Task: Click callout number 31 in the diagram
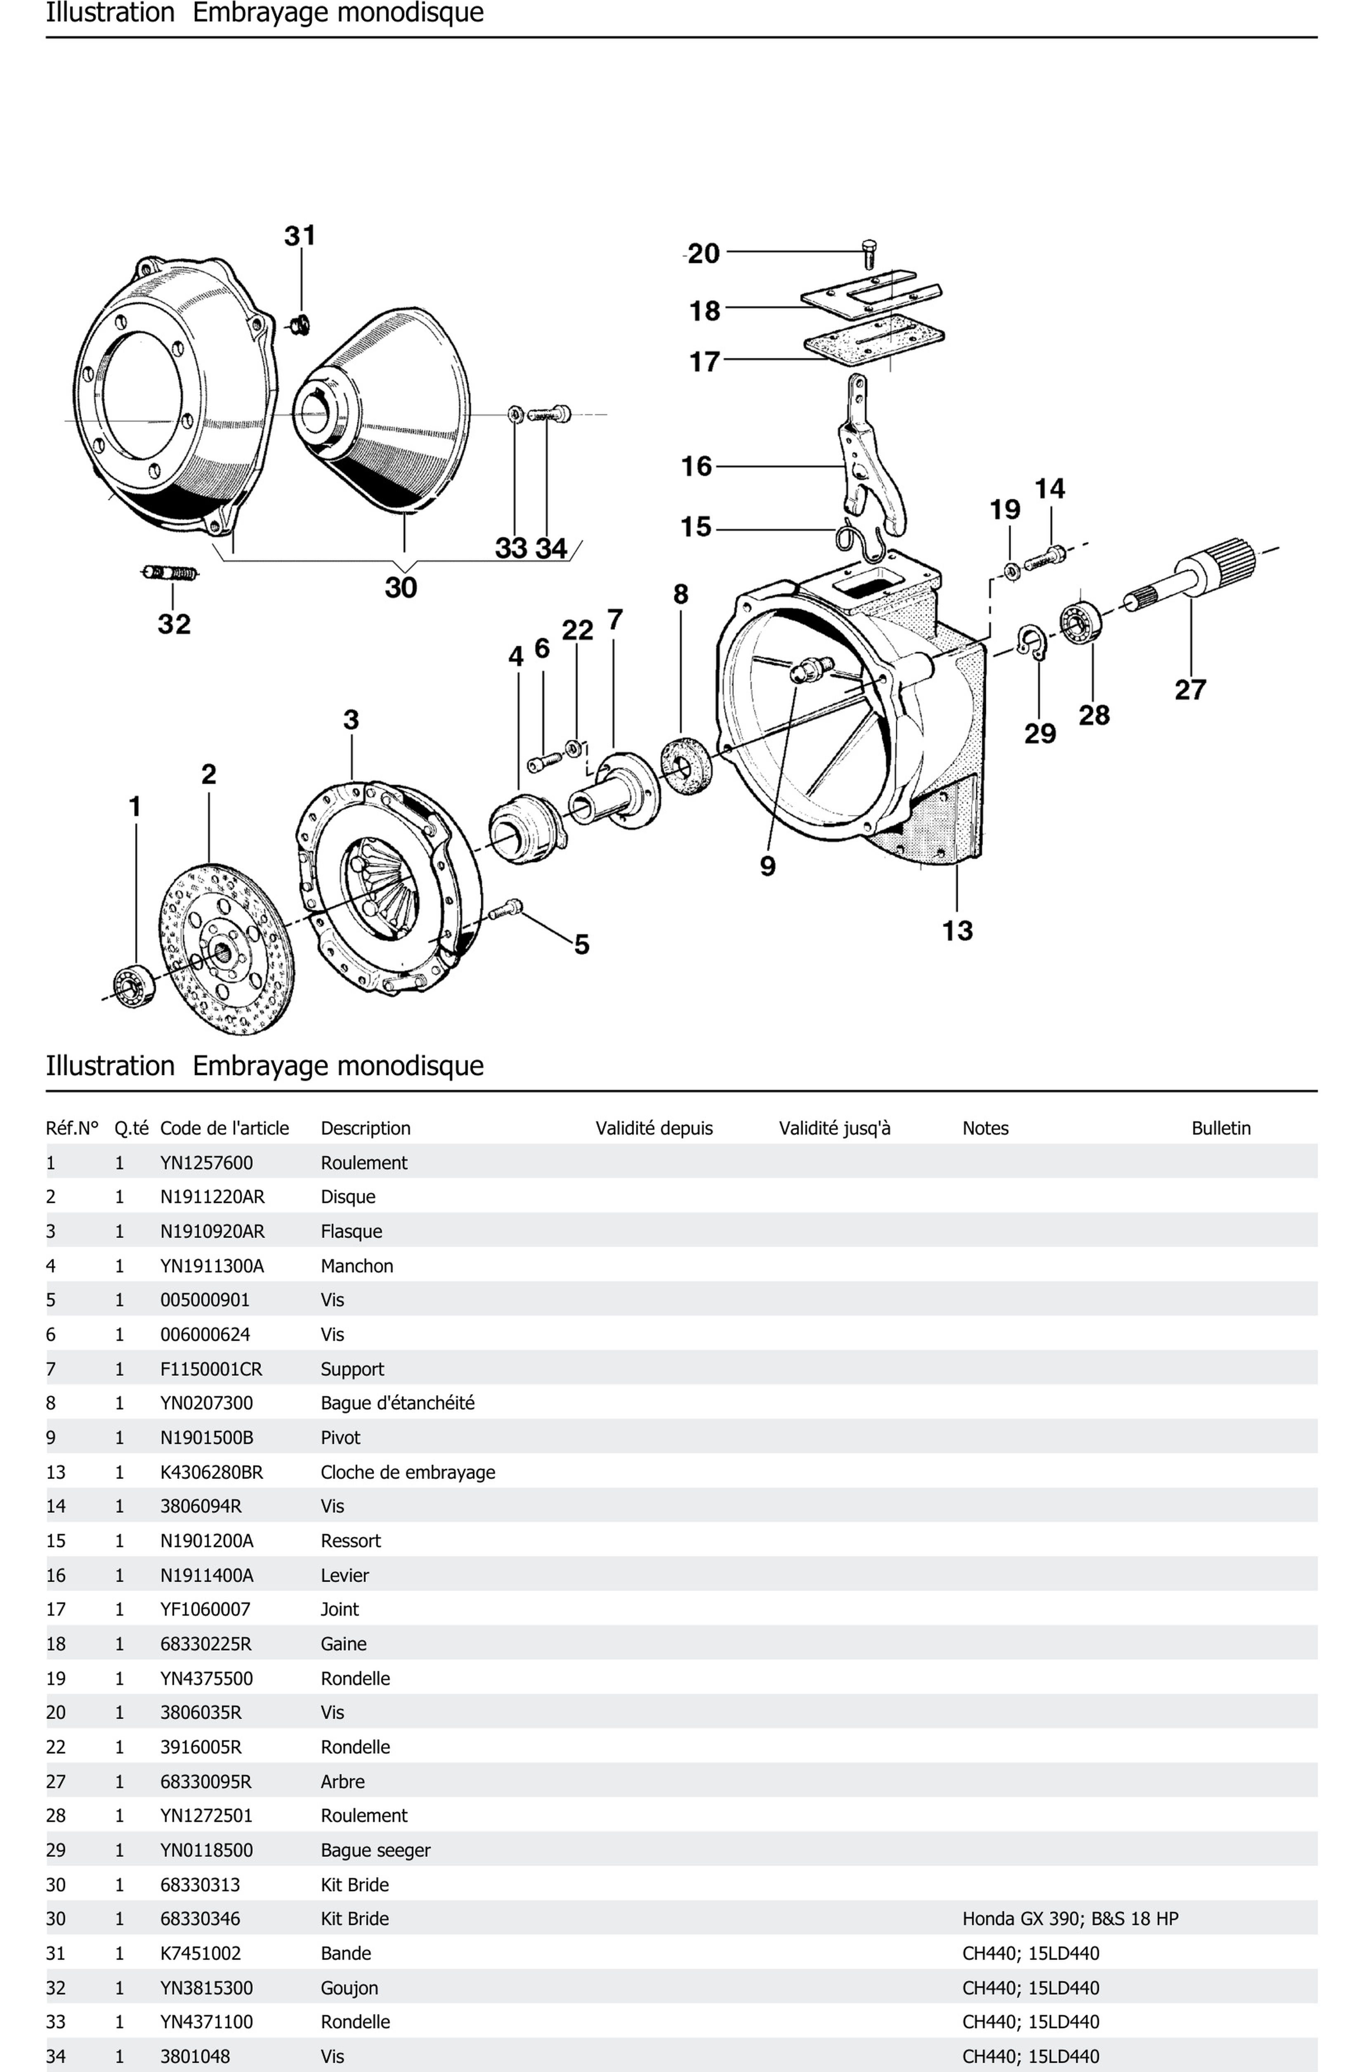point(300,236)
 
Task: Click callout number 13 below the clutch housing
point(957,931)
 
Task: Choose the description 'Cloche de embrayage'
point(407,1472)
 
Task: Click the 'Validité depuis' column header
point(654,1128)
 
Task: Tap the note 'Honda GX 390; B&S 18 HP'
point(1070,1919)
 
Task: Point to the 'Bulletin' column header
point(1220,1128)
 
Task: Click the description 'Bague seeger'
point(375,1850)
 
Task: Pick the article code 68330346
point(200,1919)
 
